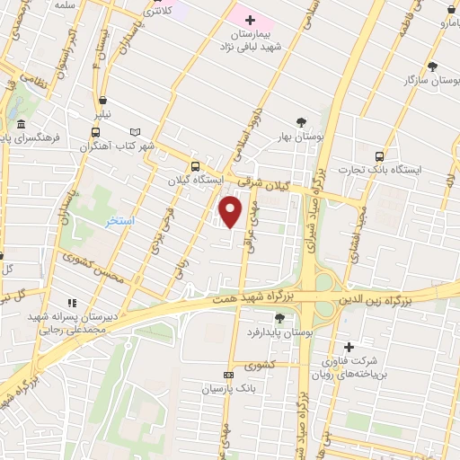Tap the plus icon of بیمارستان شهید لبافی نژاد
click(x=251, y=19)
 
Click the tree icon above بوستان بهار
click(x=300, y=122)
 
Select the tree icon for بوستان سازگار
click(x=433, y=66)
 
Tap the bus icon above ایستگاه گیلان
click(x=195, y=165)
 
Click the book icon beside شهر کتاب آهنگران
click(x=136, y=131)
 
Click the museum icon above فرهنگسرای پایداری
click(x=21, y=125)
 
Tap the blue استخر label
click(x=119, y=220)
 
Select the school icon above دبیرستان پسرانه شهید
click(x=72, y=303)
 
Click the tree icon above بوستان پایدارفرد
click(x=280, y=317)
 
